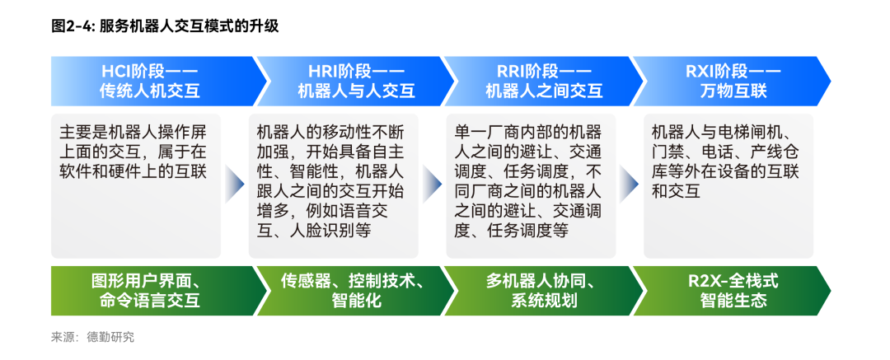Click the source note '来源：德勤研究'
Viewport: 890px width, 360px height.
pyautogui.click(x=92, y=337)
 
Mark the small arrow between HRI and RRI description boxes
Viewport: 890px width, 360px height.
pyautogui.click(x=433, y=185)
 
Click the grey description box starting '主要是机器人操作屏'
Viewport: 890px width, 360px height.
pyautogui.click(x=136, y=186)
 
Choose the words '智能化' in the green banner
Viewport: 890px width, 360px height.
pyautogui.click(x=357, y=301)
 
